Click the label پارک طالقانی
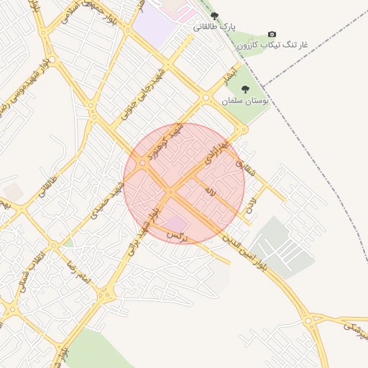[x=214, y=27]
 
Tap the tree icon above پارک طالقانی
[x=214, y=16]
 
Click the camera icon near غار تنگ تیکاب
[x=272, y=34]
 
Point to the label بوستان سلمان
[x=244, y=101]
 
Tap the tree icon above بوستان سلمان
[x=245, y=89]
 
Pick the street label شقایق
[x=245, y=168]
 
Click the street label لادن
[x=251, y=203]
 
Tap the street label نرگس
[x=176, y=235]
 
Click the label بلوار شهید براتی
[x=141, y=233]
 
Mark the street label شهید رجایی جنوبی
[x=152, y=88]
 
